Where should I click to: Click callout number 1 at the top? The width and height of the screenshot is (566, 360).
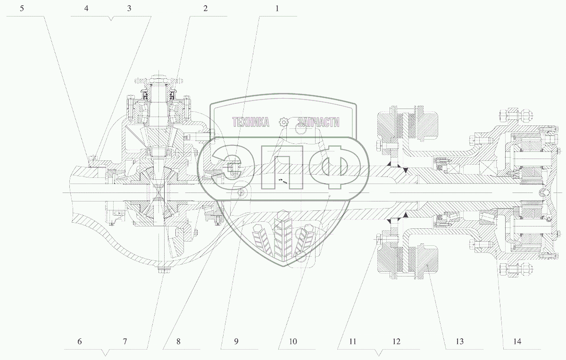(277, 8)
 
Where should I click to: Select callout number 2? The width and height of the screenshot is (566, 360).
(206, 8)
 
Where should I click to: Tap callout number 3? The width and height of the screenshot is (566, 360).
(129, 8)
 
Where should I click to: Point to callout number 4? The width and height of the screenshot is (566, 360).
(86, 8)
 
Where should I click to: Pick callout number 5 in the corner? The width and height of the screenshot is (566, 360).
(22, 8)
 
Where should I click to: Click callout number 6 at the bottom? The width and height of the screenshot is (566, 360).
(80, 342)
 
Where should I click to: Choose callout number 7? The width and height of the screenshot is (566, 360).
(125, 342)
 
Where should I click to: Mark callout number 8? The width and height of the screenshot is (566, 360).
(178, 342)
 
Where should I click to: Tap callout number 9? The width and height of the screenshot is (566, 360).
(236, 342)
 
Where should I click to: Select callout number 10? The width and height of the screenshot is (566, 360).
(293, 342)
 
